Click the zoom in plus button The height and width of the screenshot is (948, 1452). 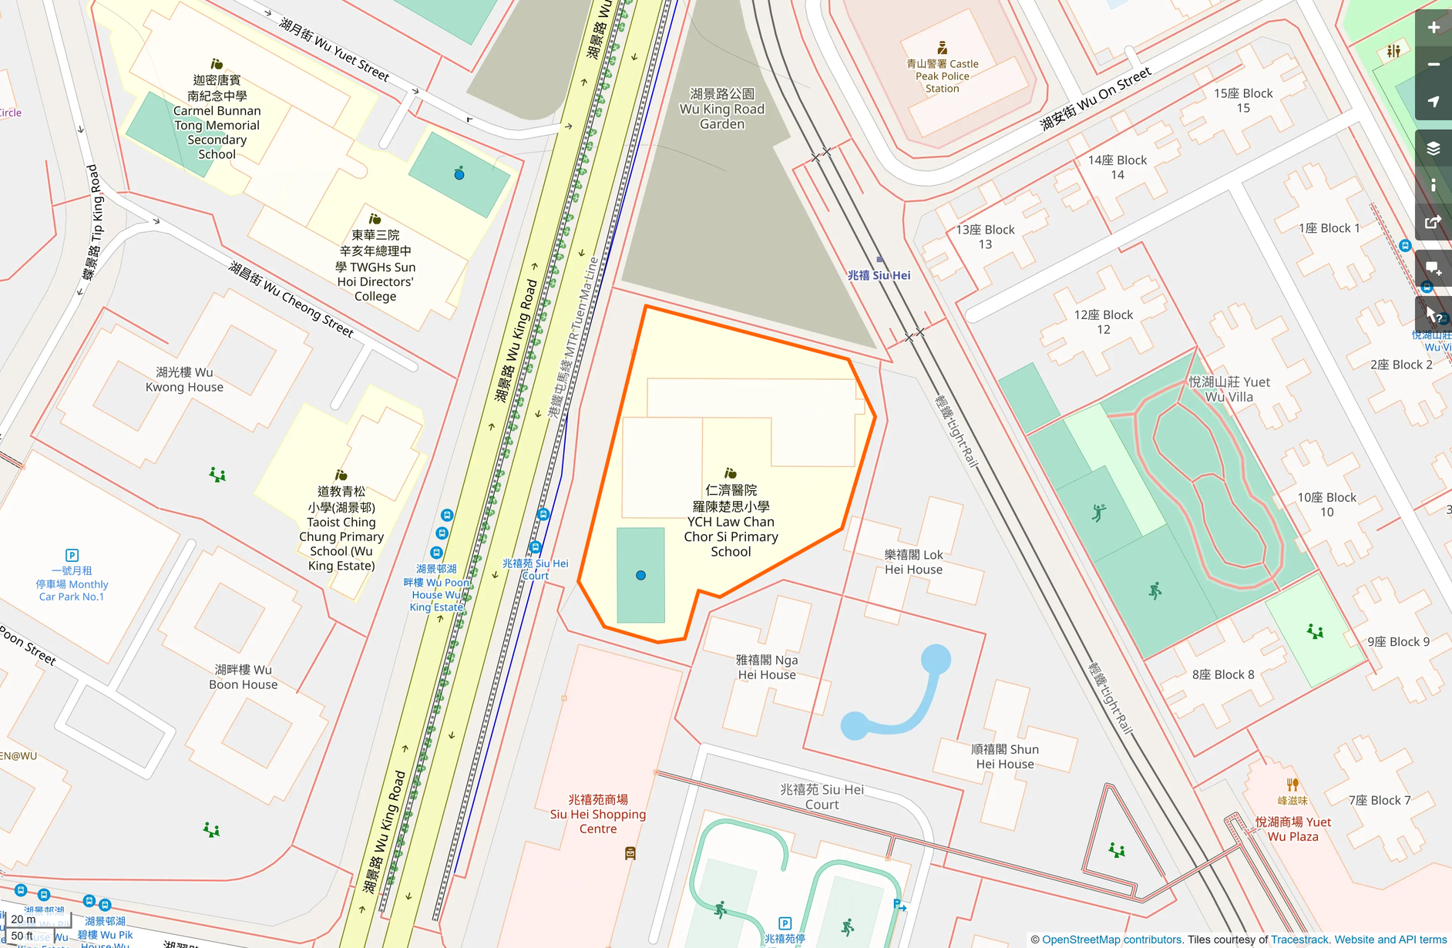[1433, 28]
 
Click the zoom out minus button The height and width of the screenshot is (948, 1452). [1433, 65]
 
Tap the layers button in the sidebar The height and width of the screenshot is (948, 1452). [1433, 148]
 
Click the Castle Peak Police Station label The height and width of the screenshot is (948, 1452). [942, 76]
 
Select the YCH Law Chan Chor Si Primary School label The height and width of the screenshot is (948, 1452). [731, 521]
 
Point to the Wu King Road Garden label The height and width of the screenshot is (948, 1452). [721, 109]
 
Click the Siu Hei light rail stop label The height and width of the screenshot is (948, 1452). [879, 275]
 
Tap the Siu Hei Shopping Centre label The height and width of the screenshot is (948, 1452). [598, 814]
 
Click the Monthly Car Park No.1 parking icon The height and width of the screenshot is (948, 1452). [72, 555]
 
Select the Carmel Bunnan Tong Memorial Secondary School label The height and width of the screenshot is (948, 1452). [217, 117]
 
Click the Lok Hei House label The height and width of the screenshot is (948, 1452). [913, 562]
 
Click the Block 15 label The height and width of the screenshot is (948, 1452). [1242, 100]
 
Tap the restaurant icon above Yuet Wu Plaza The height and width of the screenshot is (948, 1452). [1292, 785]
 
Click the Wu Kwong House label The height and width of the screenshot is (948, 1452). [184, 379]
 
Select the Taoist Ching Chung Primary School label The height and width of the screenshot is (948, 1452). [341, 529]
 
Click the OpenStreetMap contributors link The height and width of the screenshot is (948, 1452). [1111, 940]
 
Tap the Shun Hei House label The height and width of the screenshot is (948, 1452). [1005, 756]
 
